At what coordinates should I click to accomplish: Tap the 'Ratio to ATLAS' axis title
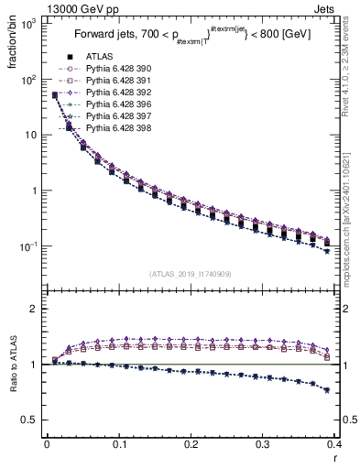tap(13, 376)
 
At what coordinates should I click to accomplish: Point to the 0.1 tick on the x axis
tap(119, 443)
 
